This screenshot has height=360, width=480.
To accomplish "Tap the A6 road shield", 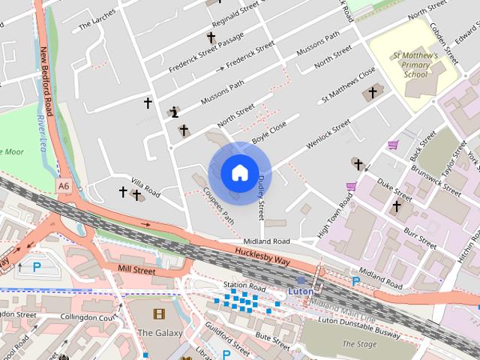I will (61, 183).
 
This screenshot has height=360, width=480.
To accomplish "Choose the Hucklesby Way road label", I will (262, 256).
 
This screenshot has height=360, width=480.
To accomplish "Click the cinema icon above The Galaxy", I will (157, 314).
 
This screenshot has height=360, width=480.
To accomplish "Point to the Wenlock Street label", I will (327, 134).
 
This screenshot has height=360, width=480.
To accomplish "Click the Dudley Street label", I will (262, 193).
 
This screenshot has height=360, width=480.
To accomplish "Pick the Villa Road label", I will (145, 187).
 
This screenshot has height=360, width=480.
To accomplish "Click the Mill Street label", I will (136, 269).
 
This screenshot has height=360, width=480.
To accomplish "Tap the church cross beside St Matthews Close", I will (372, 93).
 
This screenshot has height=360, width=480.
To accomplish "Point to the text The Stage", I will (359, 344).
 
